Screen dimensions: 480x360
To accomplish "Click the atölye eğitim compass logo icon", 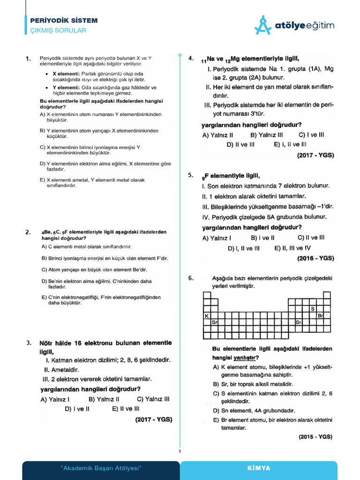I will (263, 25).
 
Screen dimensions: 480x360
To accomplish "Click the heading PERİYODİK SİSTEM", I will (64, 21).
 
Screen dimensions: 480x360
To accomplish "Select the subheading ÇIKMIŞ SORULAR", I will (58, 30).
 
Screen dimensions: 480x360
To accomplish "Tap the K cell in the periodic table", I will (206, 315).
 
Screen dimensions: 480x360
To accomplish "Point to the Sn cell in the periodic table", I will (299, 322).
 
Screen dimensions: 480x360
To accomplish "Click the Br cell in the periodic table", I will (320, 315).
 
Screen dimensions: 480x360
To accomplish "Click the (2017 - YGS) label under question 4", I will (315, 155).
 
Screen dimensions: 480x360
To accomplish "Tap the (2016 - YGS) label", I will (315, 258).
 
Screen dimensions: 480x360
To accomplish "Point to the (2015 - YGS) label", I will (315, 436).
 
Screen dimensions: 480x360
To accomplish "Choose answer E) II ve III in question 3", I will (126, 409).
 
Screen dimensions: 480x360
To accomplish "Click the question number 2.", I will (28, 232).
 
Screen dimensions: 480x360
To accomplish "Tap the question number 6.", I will (191, 278).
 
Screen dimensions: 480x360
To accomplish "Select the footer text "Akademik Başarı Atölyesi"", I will (101, 468).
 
